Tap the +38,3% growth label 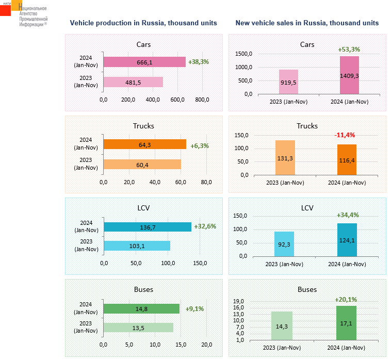(199, 62)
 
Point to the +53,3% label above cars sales (349, 50)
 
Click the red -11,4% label (344, 135)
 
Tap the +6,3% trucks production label (200, 146)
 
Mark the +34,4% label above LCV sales (347, 215)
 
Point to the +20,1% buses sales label (346, 299)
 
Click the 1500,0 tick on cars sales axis (243, 54)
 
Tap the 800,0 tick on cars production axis (201, 100)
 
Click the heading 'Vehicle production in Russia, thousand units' (143, 23)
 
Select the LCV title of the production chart (143, 208)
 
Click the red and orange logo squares (10, 8)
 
